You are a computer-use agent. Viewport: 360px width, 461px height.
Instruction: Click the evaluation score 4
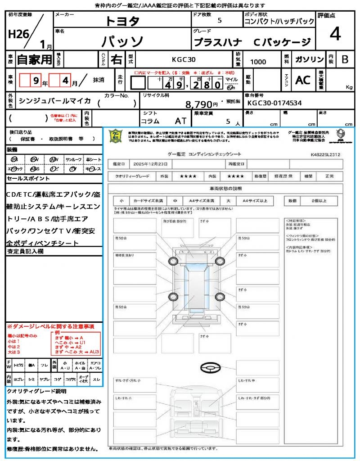335,34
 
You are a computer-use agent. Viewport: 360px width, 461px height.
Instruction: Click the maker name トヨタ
122,21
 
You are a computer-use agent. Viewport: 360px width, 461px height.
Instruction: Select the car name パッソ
122,42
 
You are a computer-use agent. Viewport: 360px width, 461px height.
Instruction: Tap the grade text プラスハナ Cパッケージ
252,42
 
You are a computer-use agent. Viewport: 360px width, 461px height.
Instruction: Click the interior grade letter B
345,59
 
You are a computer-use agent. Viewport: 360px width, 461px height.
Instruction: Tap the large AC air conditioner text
303,80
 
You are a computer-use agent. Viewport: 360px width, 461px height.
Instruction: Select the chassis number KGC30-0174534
274,103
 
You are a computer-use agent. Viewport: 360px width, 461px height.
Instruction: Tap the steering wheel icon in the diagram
211,368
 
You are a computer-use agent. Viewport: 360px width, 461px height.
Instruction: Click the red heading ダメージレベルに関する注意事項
52,326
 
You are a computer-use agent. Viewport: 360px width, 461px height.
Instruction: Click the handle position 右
116,59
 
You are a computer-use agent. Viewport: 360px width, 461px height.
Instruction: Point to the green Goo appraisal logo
116,136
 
